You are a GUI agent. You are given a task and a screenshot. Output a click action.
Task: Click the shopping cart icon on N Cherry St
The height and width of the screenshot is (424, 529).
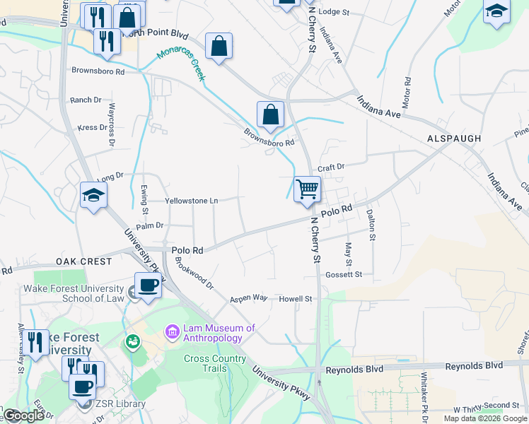(x=307, y=189)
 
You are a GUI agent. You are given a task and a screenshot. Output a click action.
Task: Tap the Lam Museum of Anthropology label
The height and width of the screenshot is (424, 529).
(x=219, y=333)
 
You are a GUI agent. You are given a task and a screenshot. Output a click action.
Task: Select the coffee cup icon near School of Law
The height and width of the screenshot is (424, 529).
(x=148, y=285)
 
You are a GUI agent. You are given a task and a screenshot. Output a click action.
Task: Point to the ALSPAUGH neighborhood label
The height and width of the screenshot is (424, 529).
(x=454, y=139)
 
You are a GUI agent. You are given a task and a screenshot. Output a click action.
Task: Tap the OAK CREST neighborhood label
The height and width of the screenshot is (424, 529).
(x=84, y=261)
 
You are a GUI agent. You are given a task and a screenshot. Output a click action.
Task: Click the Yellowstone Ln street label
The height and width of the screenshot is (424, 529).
(x=191, y=201)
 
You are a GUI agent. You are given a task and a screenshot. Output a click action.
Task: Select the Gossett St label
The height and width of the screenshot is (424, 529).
(x=344, y=274)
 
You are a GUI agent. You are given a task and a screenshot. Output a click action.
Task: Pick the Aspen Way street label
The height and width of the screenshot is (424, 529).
(x=248, y=299)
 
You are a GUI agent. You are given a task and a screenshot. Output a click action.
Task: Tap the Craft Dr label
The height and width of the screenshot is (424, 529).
(x=330, y=167)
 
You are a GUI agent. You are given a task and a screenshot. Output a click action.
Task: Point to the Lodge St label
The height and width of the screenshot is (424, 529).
(x=334, y=12)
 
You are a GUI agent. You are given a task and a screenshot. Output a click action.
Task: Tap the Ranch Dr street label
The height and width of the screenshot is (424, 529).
(x=86, y=100)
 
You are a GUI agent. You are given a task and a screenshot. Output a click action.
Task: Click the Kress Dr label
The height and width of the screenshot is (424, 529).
(x=92, y=128)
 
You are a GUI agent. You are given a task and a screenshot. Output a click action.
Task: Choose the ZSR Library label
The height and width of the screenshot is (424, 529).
(x=122, y=404)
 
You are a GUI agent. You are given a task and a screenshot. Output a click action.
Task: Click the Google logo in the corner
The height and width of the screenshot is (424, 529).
(x=23, y=416)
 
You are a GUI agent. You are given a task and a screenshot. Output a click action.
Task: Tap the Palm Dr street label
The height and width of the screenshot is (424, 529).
(x=149, y=225)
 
